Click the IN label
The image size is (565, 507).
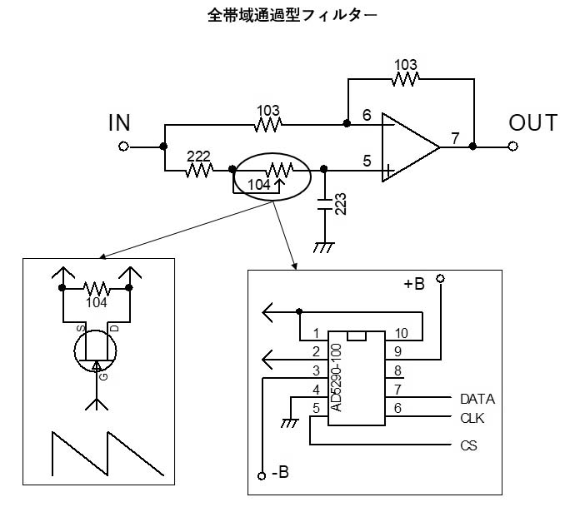119,122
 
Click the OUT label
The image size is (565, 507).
533,122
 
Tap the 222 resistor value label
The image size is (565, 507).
198,157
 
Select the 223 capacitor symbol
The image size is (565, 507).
325,204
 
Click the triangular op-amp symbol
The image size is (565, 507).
411,147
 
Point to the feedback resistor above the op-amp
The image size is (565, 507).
405,79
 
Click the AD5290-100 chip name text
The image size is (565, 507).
336,378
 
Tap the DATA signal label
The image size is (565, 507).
477,399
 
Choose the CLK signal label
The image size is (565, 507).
472,418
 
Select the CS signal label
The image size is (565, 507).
468,445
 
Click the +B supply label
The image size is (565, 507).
414,284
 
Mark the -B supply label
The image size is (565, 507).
280,472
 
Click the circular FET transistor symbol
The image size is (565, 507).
96,350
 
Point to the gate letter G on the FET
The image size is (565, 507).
103,377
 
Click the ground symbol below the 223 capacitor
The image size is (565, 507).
324,247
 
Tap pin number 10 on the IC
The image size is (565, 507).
401,334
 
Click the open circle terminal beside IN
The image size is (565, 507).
123,147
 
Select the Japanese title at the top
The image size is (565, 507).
292,16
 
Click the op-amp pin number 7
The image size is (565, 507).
456,138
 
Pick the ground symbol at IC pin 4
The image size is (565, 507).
290,423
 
